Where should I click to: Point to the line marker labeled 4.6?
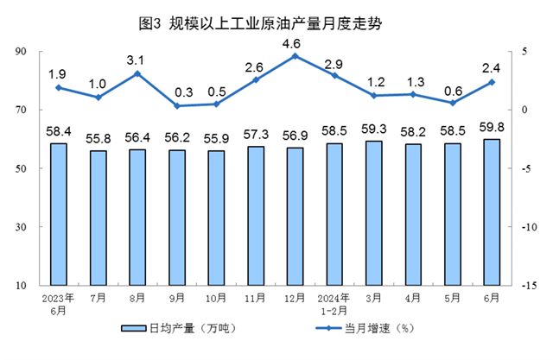click(295, 56)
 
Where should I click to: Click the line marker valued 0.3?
click(177, 106)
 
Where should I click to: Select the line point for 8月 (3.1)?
click(137, 73)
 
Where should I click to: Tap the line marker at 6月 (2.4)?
click(491, 82)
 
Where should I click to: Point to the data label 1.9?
click(59, 73)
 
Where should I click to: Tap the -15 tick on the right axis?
click(525, 285)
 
